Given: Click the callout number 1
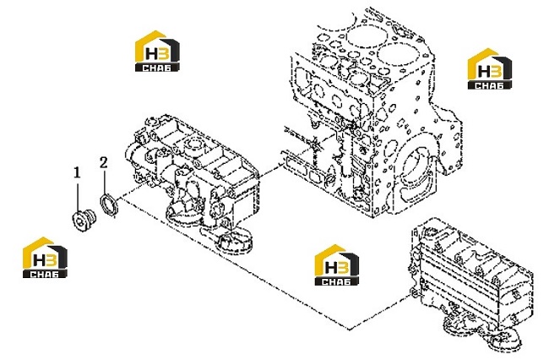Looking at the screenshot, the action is tap(77, 172).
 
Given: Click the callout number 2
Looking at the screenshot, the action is tap(103, 162).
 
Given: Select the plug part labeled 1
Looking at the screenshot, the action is tap(84, 219).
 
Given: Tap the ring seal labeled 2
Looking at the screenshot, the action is tap(109, 204).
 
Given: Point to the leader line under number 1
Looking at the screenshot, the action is tap(78, 194).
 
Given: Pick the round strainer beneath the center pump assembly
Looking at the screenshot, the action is tap(234, 242).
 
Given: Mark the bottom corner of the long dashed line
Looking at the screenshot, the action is tap(350, 330).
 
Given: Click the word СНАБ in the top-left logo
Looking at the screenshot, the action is tap(157, 68).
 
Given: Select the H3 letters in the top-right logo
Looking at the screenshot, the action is tap(490, 72).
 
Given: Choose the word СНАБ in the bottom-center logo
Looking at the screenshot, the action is tap(336, 281).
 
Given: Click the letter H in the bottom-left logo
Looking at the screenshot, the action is tap(39, 260).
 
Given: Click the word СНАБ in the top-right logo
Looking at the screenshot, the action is tap(490, 85).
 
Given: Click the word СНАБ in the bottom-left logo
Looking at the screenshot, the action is tap(45, 274).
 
